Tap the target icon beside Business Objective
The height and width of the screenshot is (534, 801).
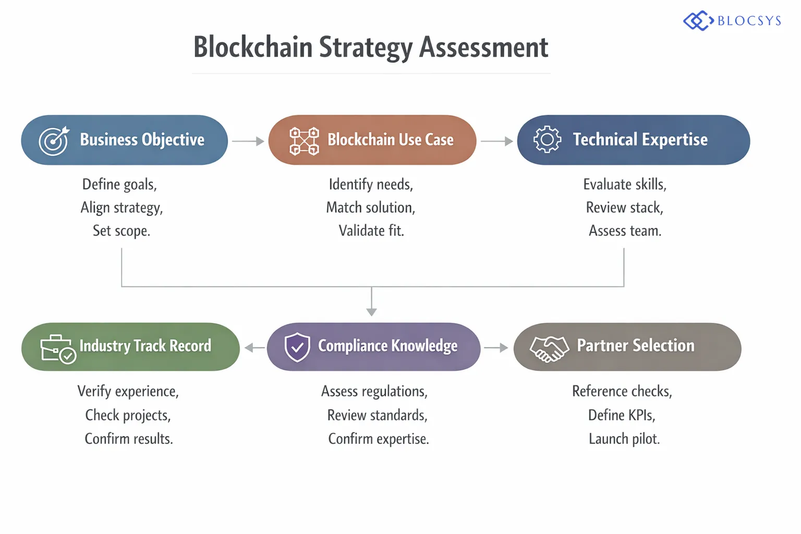pos(54,141)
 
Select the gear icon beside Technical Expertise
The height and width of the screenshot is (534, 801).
pos(547,139)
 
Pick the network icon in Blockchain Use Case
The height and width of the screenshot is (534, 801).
pos(304,141)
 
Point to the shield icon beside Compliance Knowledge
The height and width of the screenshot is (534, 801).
pos(297,347)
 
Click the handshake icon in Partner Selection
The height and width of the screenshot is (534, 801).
pos(549,348)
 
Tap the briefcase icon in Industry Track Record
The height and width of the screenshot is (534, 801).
pos(57,349)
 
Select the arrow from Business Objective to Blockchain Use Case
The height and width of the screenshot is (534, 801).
pos(248,141)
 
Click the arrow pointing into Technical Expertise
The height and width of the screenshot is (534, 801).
pos(497,141)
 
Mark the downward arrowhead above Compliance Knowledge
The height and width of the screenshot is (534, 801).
pos(371,311)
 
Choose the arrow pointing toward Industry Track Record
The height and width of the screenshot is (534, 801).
pos(254,348)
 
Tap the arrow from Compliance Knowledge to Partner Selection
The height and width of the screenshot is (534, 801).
pos(496,348)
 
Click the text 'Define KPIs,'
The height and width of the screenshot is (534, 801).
pos(622,415)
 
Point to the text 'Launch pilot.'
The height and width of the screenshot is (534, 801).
pos(624,439)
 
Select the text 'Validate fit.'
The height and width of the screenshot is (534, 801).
pos(371,230)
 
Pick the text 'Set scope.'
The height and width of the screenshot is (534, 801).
pos(122,230)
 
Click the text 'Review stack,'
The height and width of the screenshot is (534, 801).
pos(625,208)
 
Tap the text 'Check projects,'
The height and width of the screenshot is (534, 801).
pos(128,415)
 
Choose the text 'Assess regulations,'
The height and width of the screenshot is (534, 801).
pos(374,392)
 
